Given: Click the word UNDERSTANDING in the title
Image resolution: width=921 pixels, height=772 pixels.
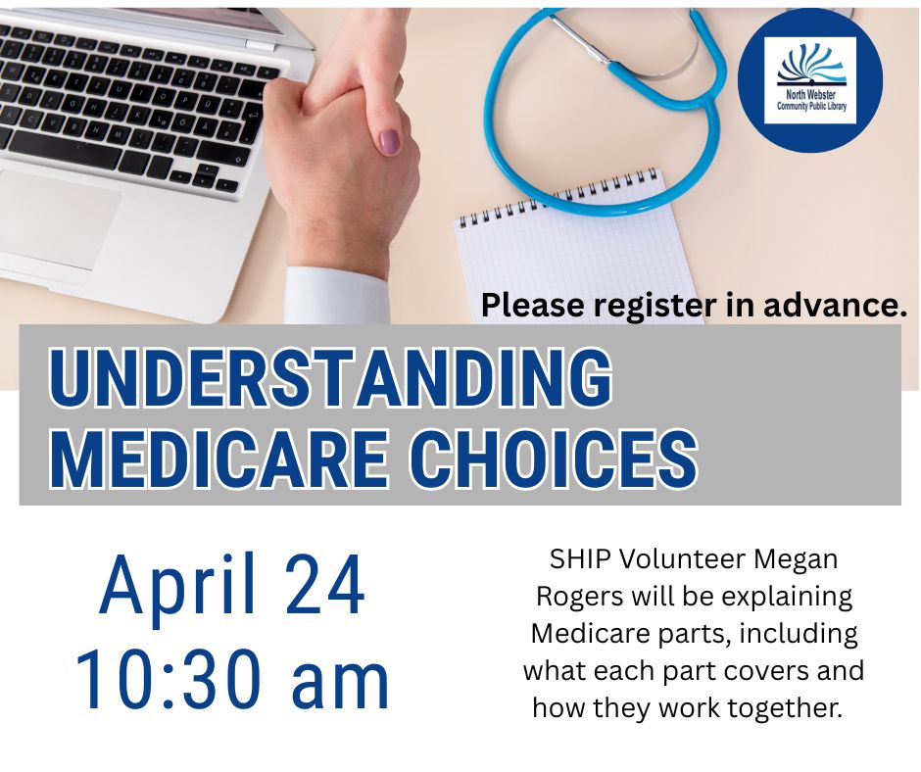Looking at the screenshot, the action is (x=330, y=376).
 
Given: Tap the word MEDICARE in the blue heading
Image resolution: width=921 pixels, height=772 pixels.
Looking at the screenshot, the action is (x=219, y=458).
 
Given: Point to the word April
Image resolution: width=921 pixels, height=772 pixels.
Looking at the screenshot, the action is (x=178, y=585).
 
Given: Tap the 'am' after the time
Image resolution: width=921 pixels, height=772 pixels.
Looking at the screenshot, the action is (x=340, y=686).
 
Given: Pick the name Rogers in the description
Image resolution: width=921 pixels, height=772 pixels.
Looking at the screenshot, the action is (x=579, y=598).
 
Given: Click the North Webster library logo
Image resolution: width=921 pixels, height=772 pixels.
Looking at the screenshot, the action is (x=810, y=80).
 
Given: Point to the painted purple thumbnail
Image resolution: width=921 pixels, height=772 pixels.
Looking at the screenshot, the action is (x=389, y=142).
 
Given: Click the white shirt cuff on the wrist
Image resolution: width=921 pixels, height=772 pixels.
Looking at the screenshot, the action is (x=337, y=295).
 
